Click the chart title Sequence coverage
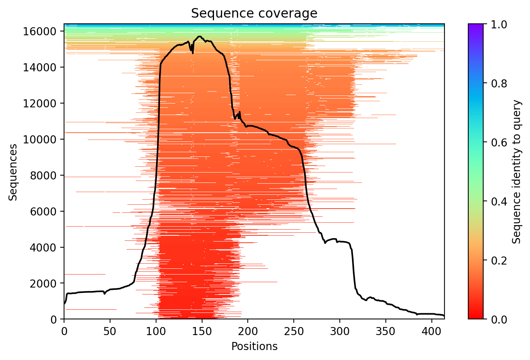(254, 13)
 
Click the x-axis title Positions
(254, 347)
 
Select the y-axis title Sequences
(13, 172)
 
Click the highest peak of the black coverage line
(199, 36)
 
